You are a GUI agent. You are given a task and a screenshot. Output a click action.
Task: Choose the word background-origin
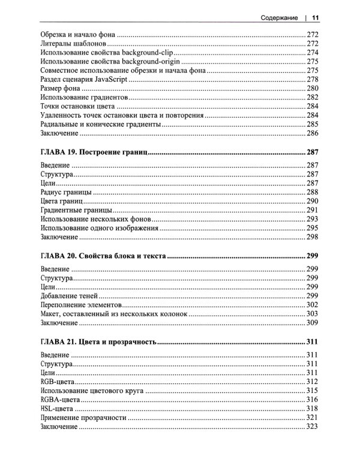point(149,61)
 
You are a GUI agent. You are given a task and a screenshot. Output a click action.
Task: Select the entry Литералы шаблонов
point(74,44)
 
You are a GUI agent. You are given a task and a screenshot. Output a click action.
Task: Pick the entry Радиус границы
point(65,192)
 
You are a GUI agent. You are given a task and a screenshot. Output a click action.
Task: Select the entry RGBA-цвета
point(60,399)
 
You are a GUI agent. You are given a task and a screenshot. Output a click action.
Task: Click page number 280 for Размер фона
point(311,88)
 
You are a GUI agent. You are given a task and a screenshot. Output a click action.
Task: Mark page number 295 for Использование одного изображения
point(311,227)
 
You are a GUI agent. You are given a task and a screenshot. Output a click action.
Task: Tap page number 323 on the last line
point(311,426)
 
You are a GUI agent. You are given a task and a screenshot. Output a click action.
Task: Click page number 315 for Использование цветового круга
point(311,391)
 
